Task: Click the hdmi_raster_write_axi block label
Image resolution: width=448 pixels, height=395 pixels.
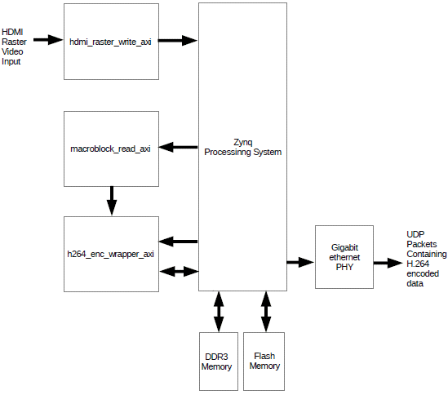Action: click(x=110, y=42)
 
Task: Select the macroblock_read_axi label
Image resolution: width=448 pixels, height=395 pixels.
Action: click(x=110, y=149)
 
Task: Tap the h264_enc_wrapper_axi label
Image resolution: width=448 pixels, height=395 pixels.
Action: click(x=110, y=254)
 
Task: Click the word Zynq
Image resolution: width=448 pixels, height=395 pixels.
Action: click(x=243, y=142)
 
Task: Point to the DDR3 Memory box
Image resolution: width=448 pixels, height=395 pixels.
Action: click(x=219, y=362)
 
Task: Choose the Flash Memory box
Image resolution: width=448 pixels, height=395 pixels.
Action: click(x=264, y=362)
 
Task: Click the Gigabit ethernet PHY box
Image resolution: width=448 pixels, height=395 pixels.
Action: click(x=344, y=257)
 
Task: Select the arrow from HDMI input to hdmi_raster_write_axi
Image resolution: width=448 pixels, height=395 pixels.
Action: click(x=48, y=40)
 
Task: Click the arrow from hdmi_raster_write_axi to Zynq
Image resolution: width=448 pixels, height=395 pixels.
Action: click(x=178, y=40)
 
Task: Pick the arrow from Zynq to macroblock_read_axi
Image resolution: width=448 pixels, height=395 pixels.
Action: click(x=178, y=147)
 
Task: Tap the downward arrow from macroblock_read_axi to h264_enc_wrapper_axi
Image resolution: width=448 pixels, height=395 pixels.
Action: click(x=112, y=201)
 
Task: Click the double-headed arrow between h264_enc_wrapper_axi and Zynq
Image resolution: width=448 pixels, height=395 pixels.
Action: click(x=179, y=271)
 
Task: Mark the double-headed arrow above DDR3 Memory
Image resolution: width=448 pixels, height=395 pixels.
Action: click(x=219, y=312)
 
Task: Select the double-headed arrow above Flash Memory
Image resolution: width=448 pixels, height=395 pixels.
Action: click(x=266, y=312)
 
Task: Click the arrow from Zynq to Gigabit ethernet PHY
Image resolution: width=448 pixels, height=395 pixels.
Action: click(x=300, y=262)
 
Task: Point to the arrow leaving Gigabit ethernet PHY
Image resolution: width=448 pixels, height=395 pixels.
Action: click(x=388, y=263)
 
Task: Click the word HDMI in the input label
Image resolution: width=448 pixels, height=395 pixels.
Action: click(x=12, y=32)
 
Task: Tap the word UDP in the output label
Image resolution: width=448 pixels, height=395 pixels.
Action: click(x=415, y=234)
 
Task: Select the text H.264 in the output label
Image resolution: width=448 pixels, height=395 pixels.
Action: click(x=418, y=264)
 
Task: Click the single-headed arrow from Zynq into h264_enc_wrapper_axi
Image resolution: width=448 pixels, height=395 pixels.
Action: click(x=178, y=242)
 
